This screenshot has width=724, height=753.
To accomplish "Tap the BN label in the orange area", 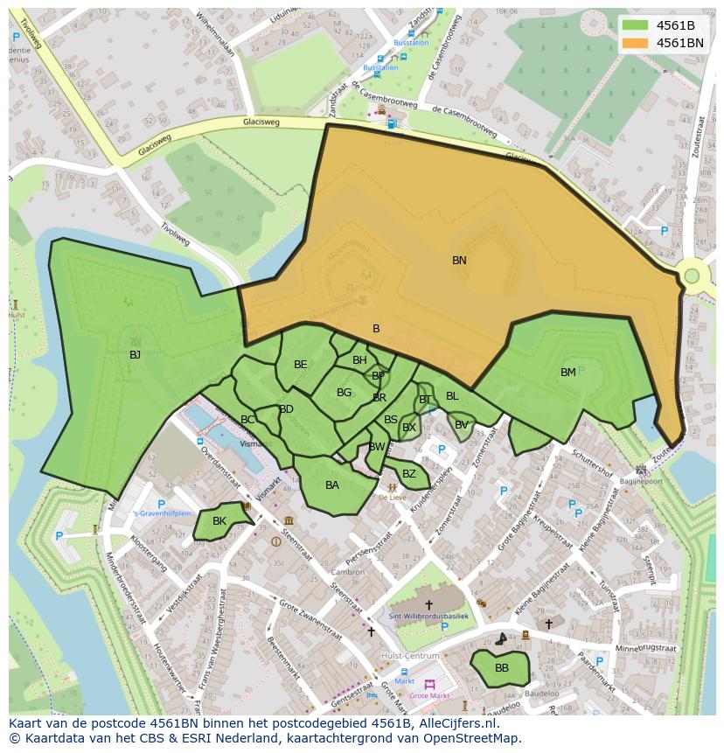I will (x=459, y=261).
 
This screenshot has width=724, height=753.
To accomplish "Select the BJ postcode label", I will (x=135, y=355).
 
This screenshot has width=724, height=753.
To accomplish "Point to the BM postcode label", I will (x=568, y=373).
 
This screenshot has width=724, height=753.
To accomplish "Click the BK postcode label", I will (x=219, y=521).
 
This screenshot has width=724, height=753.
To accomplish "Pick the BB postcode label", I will (x=502, y=668).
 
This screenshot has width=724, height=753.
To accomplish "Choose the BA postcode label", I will (x=332, y=485).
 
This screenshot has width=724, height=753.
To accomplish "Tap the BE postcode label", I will (x=301, y=365).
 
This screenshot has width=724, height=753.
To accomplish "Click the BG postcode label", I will (x=344, y=394).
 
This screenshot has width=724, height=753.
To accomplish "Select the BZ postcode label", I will (x=409, y=474).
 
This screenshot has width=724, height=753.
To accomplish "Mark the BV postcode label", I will (x=461, y=425).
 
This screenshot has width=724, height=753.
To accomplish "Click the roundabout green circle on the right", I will (x=692, y=276).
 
